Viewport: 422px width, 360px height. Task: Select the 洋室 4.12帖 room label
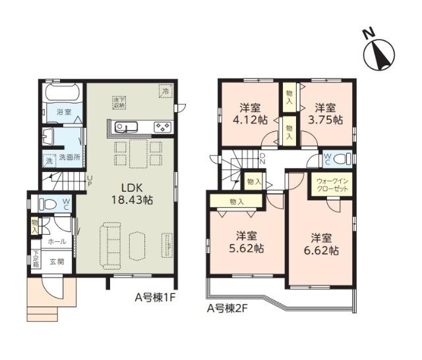pos(253,113)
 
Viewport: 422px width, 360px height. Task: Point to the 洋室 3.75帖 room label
pos(327,113)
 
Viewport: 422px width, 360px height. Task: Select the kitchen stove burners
pos(162,127)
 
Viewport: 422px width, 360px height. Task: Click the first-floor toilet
pos(49,204)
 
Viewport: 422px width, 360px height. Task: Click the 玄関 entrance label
pos(57,261)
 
